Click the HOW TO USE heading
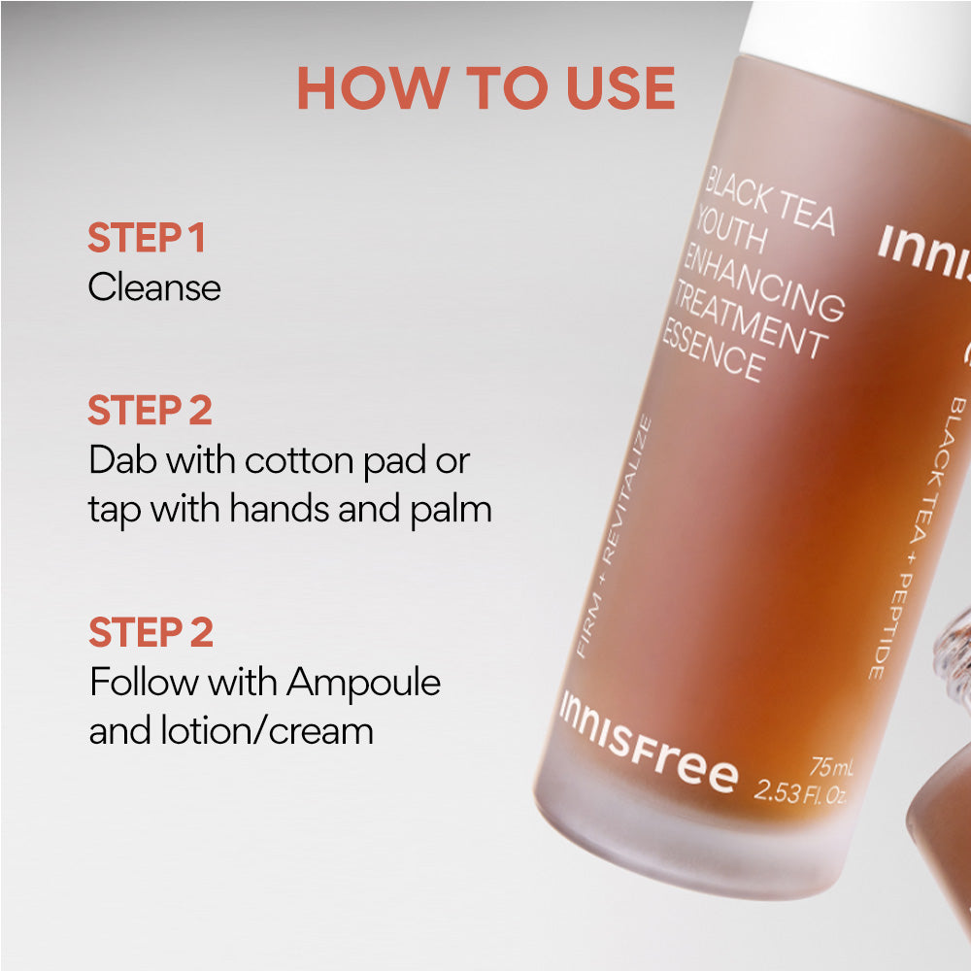[x=485, y=87]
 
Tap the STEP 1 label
[x=147, y=239]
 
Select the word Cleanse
[x=154, y=287]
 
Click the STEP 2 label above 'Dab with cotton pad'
[x=151, y=411]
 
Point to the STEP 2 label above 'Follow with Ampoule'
[x=151, y=632]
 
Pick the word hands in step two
[x=285, y=509]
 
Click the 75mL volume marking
[x=830, y=768]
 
